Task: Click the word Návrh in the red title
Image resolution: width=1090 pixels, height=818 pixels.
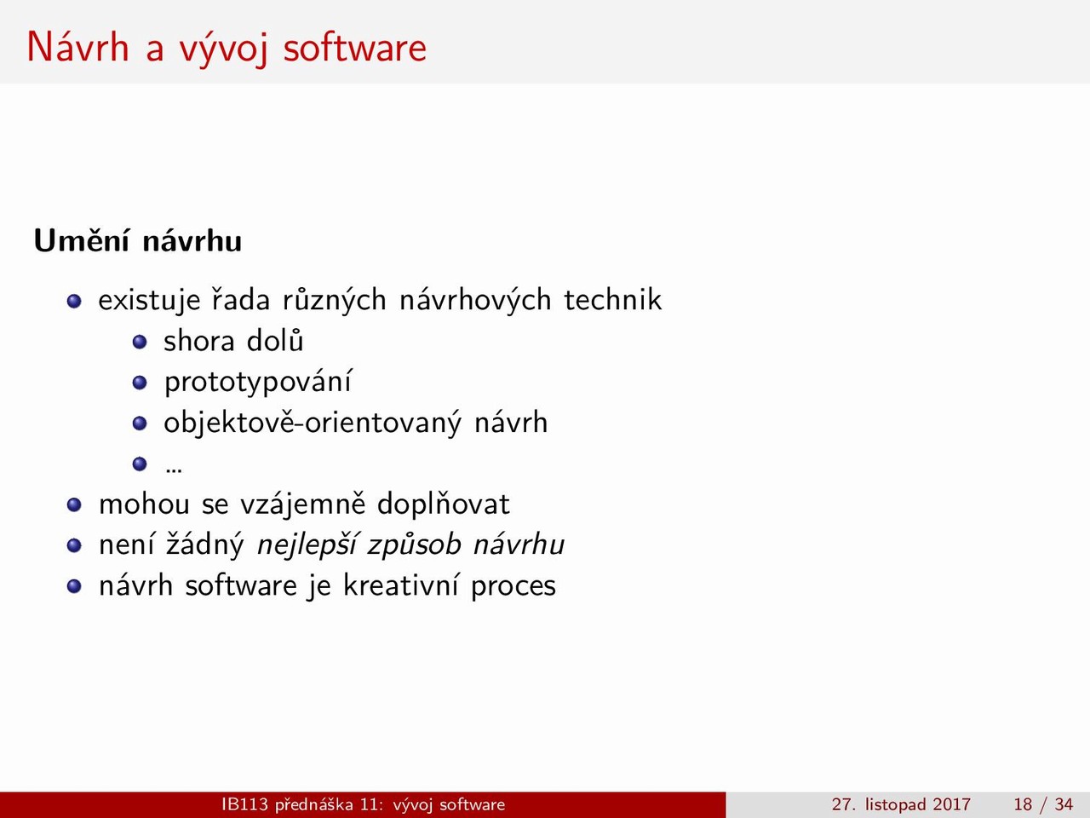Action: (x=78, y=47)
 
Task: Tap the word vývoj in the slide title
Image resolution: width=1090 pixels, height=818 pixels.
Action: (x=223, y=49)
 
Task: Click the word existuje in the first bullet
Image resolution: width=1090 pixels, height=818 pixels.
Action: (x=149, y=301)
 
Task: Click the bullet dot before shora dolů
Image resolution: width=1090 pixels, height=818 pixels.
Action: (x=140, y=342)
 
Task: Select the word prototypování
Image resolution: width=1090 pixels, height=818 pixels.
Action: (x=257, y=383)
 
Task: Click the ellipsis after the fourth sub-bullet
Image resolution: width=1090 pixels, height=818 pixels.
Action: (x=174, y=470)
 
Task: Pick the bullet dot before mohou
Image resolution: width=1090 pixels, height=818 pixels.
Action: (x=74, y=505)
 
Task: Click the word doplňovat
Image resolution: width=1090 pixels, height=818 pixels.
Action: (x=443, y=504)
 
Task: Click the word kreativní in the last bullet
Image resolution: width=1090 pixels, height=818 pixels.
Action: (x=400, y=585)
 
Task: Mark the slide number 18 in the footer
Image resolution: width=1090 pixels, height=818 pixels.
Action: (x=1023, y=804)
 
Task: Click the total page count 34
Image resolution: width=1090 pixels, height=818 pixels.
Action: (x=1064, y=804)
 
